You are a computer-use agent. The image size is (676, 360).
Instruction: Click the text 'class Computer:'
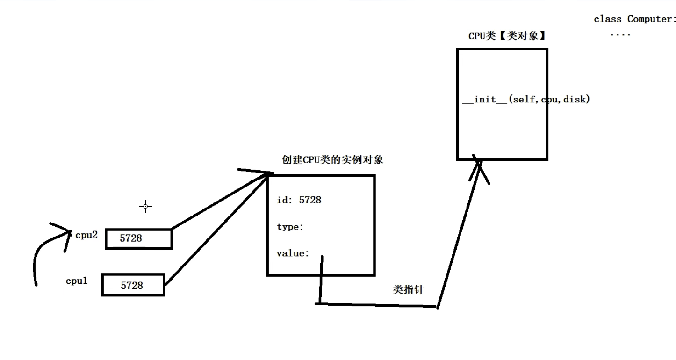pos(634,19)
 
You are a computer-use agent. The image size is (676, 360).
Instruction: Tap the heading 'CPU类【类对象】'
pos(507,36)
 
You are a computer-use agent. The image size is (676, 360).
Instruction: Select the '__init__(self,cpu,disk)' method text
pos(525,100)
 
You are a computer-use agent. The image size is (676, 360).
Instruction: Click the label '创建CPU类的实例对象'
pos(332,159)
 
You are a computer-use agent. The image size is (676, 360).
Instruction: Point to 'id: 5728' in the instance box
pos(299,200)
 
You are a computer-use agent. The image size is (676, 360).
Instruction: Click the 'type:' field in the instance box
pos(290,227)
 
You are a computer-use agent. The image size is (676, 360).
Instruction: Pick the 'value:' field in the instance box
pos(293,254)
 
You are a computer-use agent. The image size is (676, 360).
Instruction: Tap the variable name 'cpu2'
pos(86,235)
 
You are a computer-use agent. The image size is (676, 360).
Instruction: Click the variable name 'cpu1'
pos(77,281)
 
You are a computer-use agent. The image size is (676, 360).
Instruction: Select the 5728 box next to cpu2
pos(138,238)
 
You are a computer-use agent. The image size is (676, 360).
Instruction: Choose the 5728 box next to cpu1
pos(133,285)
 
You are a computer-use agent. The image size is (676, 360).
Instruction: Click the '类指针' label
pos(408,290)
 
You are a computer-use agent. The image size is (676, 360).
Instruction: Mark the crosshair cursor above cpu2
pos(145,206)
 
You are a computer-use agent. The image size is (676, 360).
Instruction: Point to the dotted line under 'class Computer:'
pos(620,35)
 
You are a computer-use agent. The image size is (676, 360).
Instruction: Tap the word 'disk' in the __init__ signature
pos(574,100)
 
